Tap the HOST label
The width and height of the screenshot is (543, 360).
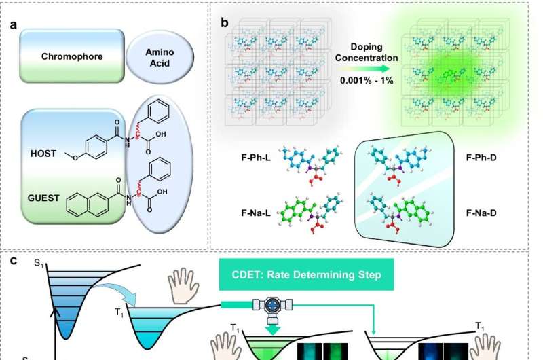(x=43, y=154)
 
